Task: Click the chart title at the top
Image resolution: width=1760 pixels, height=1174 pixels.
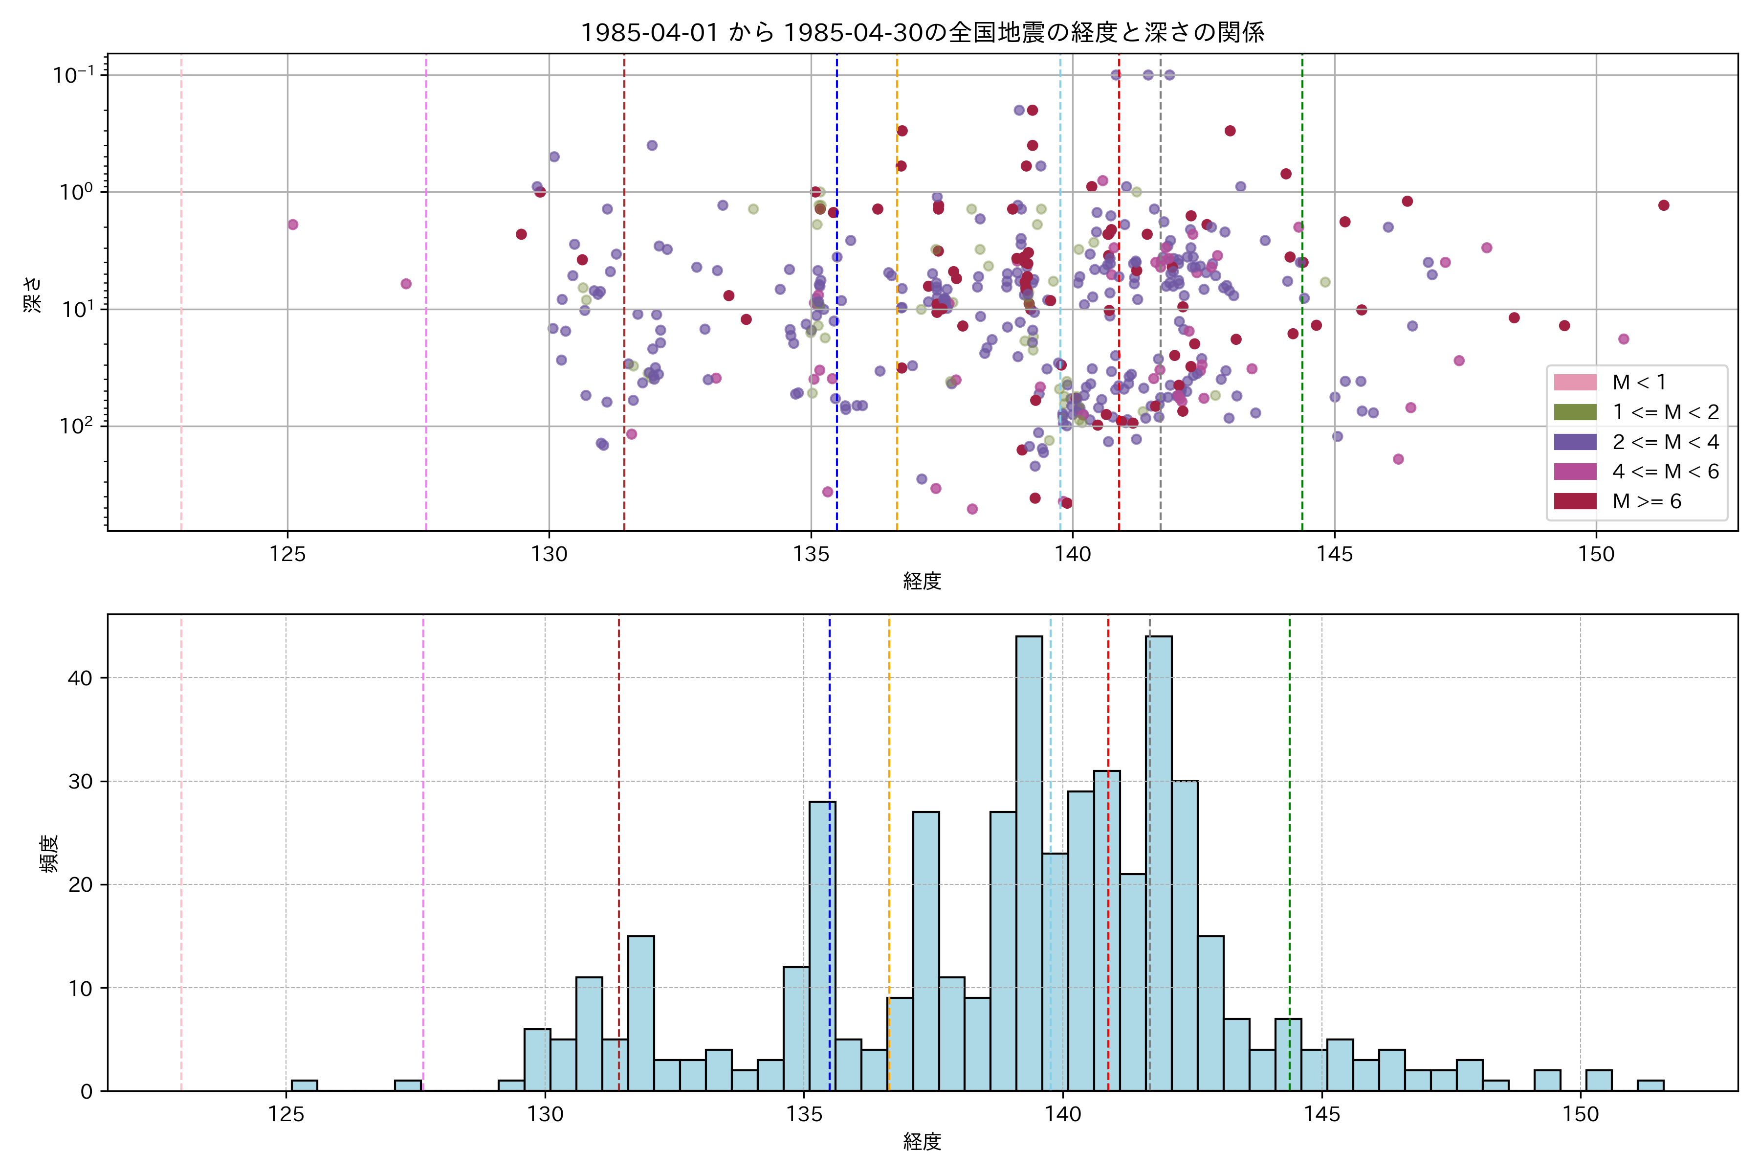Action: (922, 32)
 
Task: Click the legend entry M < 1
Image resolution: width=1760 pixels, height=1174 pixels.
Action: (1639, 383)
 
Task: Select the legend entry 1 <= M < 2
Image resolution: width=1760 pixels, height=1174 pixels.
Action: (1665, 412)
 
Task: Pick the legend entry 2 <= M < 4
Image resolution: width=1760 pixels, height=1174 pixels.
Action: (1665, 442)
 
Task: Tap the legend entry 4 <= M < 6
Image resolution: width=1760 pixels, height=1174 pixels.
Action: (1665, 471)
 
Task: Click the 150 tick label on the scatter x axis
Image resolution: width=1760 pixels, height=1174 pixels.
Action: (1596, 555)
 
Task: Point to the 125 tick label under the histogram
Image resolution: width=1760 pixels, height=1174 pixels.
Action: (286, 1115)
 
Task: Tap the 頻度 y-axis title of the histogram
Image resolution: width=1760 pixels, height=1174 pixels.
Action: (48, 854)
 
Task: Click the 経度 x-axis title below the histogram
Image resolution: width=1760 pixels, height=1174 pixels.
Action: (922, 1142)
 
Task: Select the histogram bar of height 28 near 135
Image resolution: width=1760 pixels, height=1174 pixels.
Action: (822, 947)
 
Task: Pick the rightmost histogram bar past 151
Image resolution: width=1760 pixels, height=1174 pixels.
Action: (1650, 1085)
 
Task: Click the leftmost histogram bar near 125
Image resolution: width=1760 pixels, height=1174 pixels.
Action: (304, 1085)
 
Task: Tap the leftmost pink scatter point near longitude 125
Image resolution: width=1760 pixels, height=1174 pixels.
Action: (292, 225)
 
